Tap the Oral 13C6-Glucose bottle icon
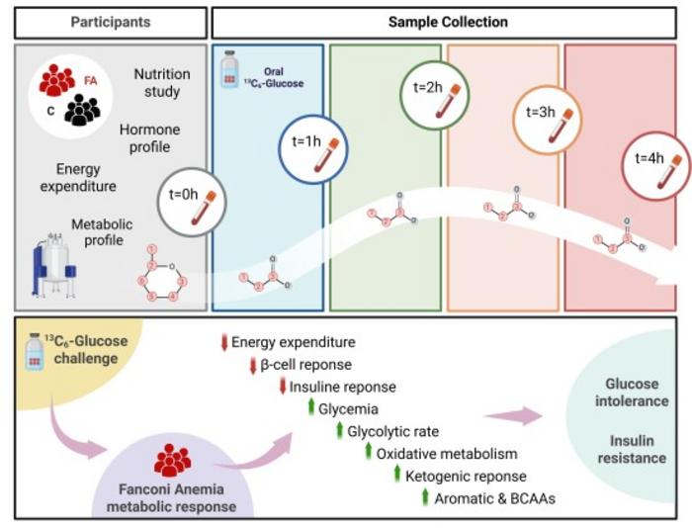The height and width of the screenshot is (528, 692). pyautogui.click(x=228, y=69)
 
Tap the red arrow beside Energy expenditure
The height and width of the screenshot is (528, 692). pyautogui.click(x=223, y=343)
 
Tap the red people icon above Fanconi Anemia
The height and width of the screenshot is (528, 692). pyautogui.click(x=172, y=459)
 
